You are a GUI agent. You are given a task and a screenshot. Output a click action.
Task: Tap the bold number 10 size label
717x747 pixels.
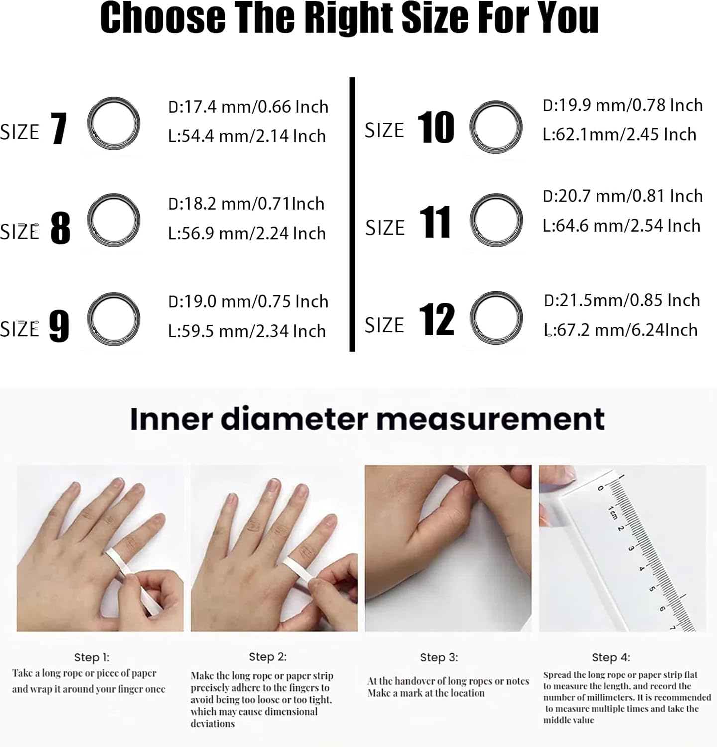[436, 127]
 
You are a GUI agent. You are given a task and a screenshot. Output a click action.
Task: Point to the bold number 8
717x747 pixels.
[60, 228]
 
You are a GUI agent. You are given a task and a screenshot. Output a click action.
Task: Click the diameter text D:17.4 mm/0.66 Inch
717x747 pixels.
[248, 107]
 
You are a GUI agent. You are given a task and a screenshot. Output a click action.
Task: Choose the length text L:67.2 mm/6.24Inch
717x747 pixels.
[620, 330]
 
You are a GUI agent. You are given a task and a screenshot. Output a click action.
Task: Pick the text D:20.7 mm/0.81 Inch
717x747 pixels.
[622, 196]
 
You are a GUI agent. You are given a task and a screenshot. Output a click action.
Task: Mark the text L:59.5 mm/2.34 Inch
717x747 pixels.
[247, 331]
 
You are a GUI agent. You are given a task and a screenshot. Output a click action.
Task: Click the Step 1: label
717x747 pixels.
[92, 657]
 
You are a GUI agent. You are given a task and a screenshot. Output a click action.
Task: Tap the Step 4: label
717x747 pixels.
[611, 657]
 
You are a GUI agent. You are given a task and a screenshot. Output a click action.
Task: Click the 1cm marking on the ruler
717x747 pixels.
[612, 512]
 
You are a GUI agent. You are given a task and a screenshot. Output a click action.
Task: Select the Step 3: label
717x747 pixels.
[439, 657]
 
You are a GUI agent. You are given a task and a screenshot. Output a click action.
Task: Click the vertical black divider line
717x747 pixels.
[352, 214]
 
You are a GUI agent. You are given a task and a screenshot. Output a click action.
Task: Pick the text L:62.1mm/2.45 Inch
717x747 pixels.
[619, 134]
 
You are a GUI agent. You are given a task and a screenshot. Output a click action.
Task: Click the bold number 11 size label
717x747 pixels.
[435, 222]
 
